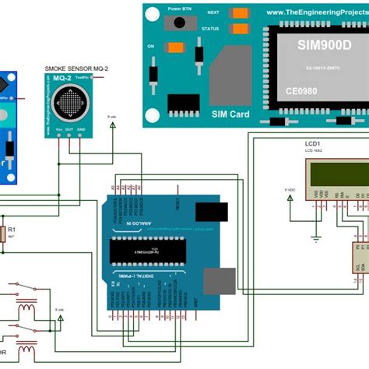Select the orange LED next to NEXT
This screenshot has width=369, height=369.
point(242,13)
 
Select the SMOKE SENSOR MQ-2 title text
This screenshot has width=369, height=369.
point(77,69)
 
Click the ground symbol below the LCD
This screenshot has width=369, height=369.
point(316,237)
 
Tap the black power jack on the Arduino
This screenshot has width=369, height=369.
point(212,214)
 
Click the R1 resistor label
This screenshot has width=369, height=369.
point(11,230)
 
